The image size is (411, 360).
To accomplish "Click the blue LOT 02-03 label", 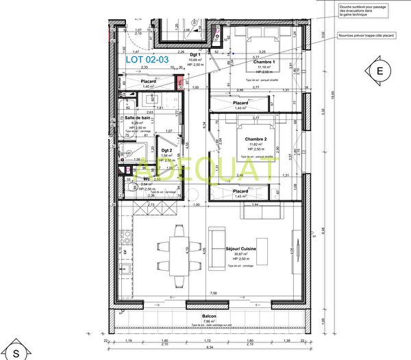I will point(147,60).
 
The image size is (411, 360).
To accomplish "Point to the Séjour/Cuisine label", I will point(241,248).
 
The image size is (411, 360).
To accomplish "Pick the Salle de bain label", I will point(137,118).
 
